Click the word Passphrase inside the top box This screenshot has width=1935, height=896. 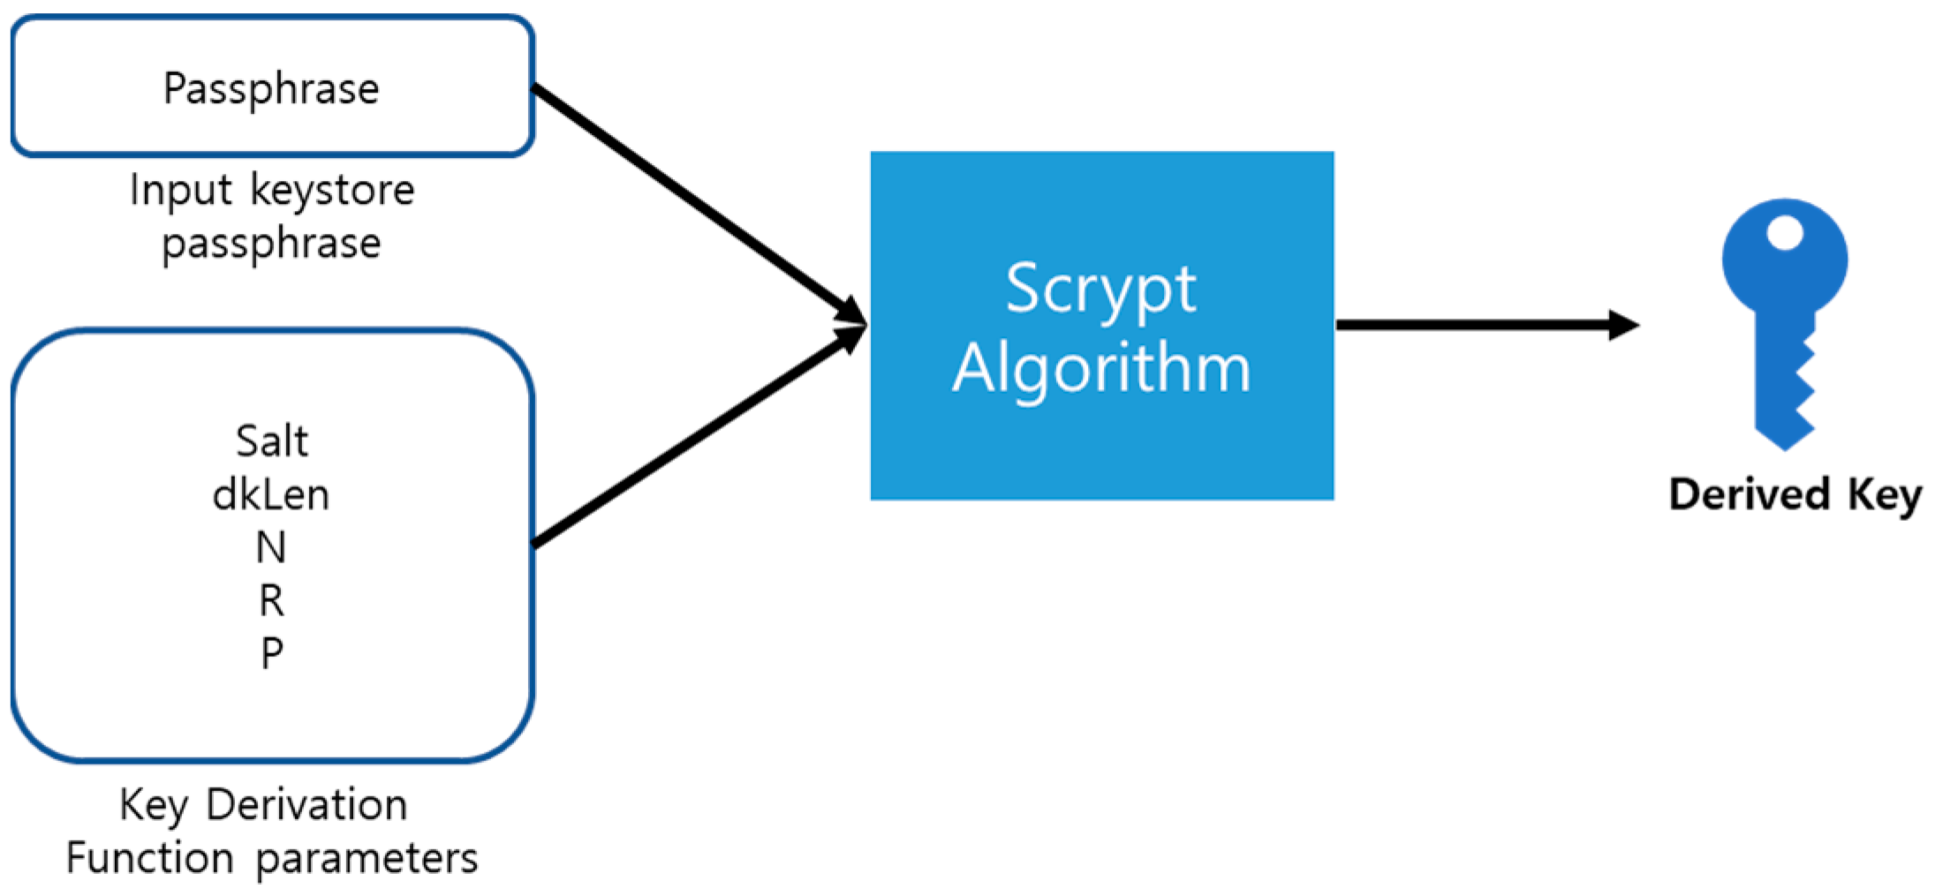click(x=271, y=88)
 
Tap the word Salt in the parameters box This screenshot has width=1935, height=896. click(x=272, y=440)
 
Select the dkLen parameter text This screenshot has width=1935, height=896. click(x=271, y=494)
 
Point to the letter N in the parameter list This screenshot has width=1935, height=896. click(x=271, y=547)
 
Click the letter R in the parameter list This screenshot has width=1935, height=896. click(x=271, y=601)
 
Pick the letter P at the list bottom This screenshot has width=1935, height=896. click(x=272, y=654)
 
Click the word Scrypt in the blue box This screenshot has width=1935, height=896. click(x=1101, y=290)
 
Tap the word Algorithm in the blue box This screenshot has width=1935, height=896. click(x=1101, y=368)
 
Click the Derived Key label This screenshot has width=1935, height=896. click(x=1795, y=494)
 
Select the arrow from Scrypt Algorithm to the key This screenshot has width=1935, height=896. click(x=1484, y=325)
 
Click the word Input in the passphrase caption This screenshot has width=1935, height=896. click(x=181, y=190)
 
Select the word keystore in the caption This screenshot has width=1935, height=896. click(x=333, y=190)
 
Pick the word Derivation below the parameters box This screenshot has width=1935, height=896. click(x=306, y=805)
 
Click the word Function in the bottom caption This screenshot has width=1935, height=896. click(x=149, y=858)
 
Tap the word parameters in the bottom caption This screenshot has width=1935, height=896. click(x=367, y=858)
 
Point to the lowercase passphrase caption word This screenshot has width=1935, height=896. click(x=271, y=244)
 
